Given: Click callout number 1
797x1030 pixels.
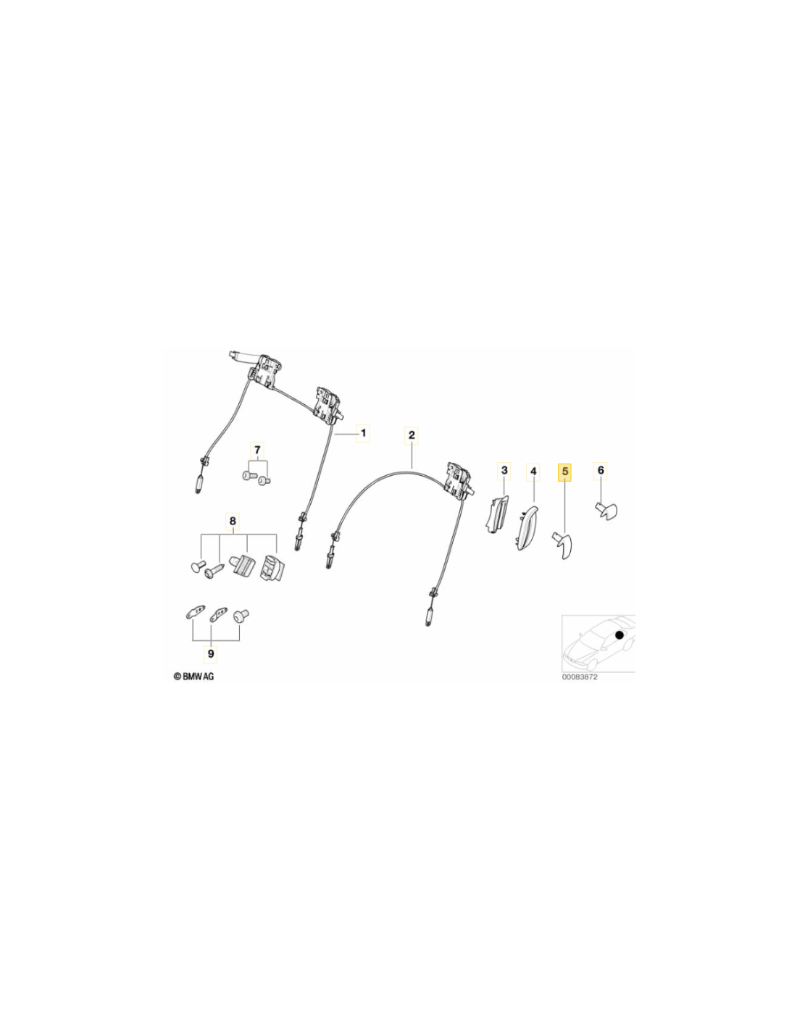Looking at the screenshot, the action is (363, 432).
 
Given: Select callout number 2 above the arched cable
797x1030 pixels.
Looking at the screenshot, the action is (411, 435).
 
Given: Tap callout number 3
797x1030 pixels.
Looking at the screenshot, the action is (504, 470).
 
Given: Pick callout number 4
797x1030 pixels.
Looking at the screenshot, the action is (533, 471).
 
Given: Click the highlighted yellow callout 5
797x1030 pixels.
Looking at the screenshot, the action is (565, 472).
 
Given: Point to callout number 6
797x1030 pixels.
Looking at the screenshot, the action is (601, 470).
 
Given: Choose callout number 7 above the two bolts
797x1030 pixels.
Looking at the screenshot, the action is (257, 449).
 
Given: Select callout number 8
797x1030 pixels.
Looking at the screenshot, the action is (233, 522).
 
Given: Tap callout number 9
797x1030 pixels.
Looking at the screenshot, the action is (211, 655).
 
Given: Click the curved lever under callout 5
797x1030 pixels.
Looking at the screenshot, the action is (563, 545).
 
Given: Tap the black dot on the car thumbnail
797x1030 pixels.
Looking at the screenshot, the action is (619, 635).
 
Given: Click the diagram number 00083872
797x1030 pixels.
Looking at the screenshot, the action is (580, 677).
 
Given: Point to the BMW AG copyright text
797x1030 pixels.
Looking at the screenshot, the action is (193, 677).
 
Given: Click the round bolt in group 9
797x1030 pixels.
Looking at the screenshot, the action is (241, 616).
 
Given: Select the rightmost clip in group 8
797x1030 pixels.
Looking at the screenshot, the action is (270, 567).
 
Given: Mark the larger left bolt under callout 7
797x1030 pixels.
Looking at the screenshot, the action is (248, 474).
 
